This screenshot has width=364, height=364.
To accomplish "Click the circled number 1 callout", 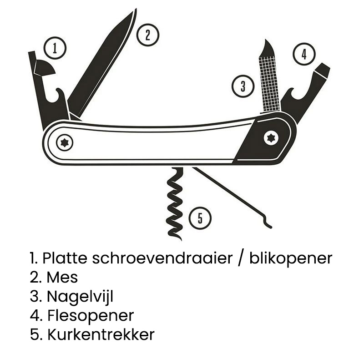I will pos(55,48).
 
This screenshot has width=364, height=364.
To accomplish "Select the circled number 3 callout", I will pos(243,86).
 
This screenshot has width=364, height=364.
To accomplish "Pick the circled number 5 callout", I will pos(200,219).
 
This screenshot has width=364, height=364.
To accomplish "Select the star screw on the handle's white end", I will pos(65,143).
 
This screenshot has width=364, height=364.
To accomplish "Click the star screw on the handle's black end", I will pos(272,137).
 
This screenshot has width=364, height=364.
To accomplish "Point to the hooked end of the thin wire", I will pos(268,225).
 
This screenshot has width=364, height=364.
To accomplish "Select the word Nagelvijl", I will pos(80,297).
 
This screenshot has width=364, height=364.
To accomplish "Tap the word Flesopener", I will pos(91,315).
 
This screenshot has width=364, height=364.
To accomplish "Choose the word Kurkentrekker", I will pos(101,335).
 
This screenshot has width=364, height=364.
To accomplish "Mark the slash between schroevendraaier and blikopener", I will pos(240,258).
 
